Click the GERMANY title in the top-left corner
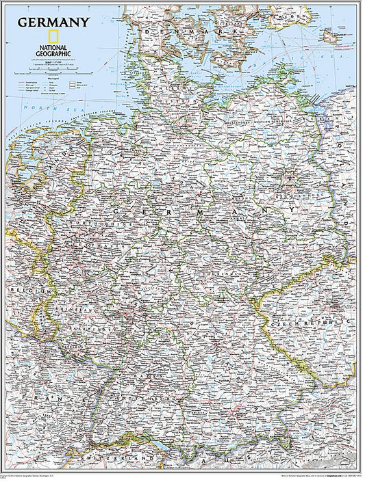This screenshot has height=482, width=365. pos(53,22)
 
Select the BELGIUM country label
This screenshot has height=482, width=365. pos(21,292)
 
